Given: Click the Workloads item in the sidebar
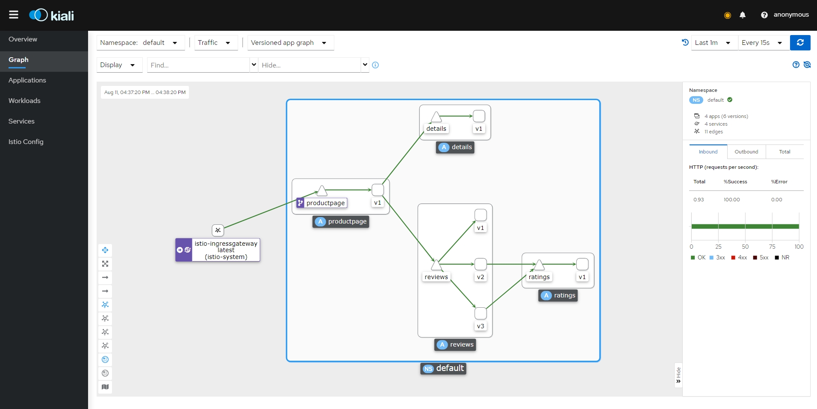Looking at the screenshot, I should click(x=24, y=101).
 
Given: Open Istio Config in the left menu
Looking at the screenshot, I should click(x=26, y=142).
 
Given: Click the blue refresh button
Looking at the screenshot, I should click(x=800, y=43).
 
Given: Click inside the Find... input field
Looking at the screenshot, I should click(x=198, y=65).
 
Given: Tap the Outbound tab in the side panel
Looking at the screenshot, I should click(x=746, y=152).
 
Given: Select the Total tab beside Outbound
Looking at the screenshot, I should click(x=785, y=152).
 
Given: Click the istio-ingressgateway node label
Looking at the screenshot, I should click(x=226, y=250).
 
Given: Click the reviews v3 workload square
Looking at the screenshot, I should click(x=481, y=313).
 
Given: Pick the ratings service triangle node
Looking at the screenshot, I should click(x=539, y=265).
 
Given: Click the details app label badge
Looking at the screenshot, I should click(x=455, y=147).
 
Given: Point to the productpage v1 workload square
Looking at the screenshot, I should click(x=378, y=190).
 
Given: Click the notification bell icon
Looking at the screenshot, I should click(x=743, y=15).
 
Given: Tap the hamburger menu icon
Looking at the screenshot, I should click(x=14, y=15).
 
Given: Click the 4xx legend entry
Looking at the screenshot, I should click(x=739, y=258).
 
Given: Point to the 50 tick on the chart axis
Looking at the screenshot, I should click(x=745, y=247).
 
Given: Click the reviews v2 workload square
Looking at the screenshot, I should click(x=481, y=264).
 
